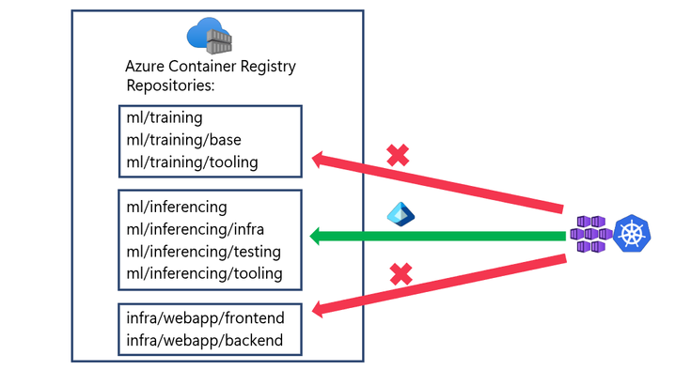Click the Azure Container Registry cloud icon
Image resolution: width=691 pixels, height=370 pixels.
point(210,36)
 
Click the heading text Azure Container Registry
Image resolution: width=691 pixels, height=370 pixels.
point(211,67)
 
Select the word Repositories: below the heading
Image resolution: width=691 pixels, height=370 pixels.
point(170,85)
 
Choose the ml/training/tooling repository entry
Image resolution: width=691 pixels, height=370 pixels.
point(192,162)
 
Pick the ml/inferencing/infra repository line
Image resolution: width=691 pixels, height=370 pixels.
point(200,229)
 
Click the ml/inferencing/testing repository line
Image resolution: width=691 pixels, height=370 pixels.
point(204,252)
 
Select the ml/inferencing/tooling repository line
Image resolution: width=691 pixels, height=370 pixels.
point(204,273)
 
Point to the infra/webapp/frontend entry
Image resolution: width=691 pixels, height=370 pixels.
point(205,317)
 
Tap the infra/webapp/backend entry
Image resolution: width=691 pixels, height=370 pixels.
point(204,339)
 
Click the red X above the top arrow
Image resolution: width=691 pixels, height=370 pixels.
point(398,155)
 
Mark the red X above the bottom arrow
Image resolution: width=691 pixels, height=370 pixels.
point(401,274)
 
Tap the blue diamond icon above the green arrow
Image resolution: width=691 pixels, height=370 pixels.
point(400,213)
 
